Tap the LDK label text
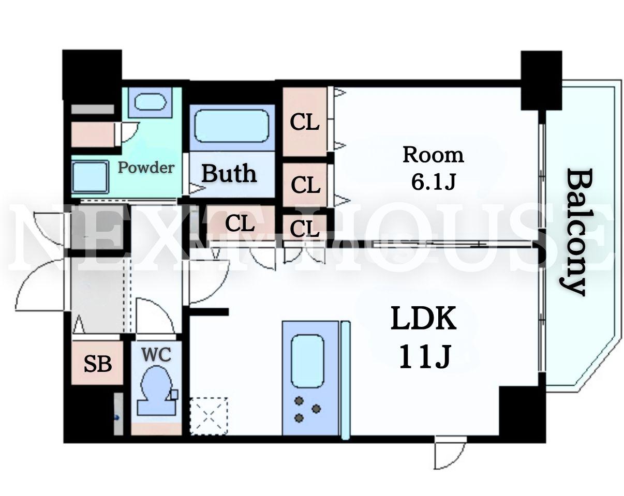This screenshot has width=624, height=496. [x=423, y=319]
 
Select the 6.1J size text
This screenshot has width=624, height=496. [x=433, y=182]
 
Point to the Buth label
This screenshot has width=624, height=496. [x=229, y=173]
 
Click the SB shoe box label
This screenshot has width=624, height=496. [x=98, y=364]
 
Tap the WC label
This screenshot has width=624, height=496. [x=156, y=354]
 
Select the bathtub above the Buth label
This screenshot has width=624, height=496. [x=232, y=126]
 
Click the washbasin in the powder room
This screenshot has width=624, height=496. [x=150, y=102]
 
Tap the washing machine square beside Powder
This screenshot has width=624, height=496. [x=90, y=177]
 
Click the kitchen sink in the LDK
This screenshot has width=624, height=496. [x=307, y=361]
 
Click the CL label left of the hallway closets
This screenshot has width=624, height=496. [x=240, y=223]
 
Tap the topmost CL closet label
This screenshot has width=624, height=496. [x=304, y=122]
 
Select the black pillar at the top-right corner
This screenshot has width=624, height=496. [x=541, y=80]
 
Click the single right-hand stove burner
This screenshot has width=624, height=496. [x=316, y=409]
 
